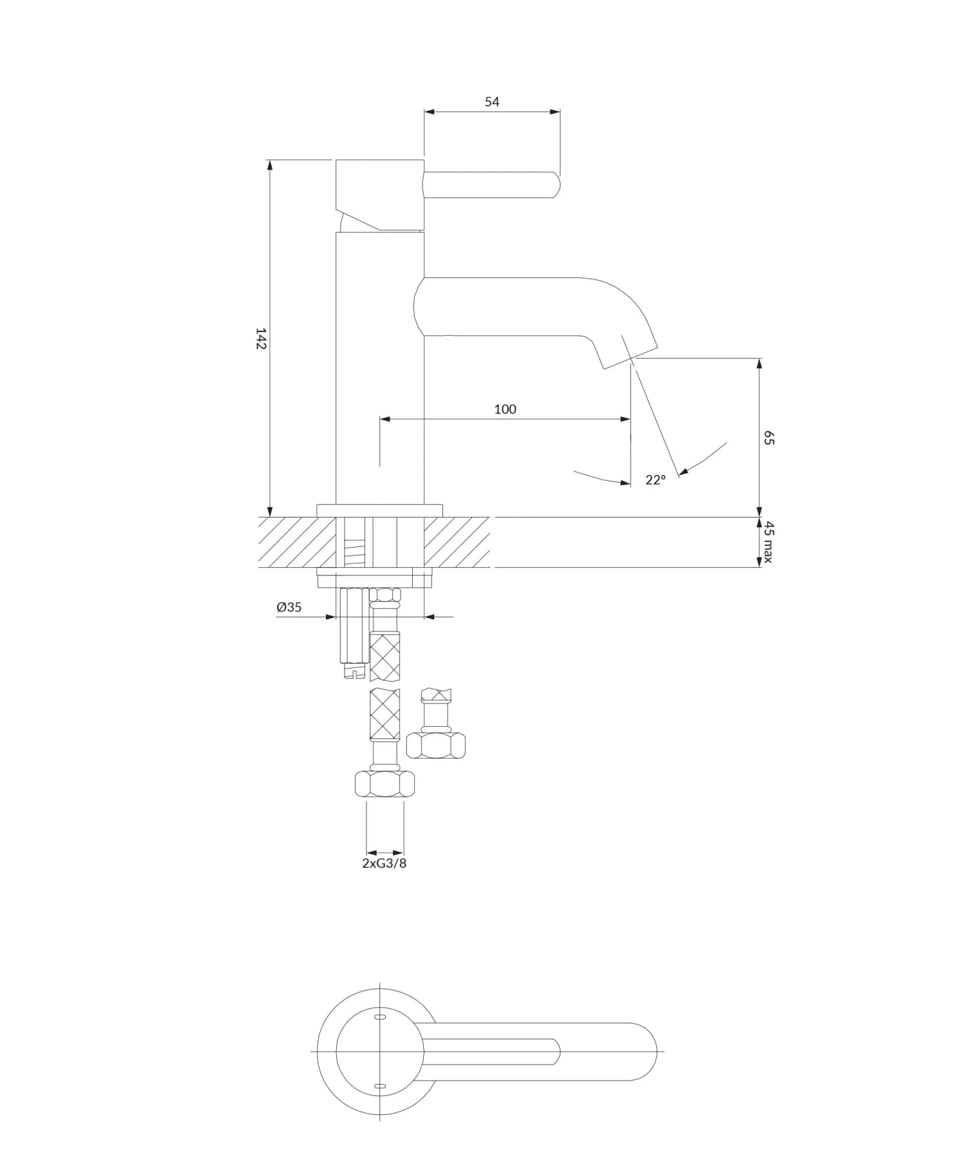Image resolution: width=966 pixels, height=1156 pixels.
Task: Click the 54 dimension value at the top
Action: (x=491, y=102)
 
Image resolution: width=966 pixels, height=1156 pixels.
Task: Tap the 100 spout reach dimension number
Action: (x=505, y=409)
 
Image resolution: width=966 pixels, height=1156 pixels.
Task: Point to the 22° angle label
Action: (x=655, y=480)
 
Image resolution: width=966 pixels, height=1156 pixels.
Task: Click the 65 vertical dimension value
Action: (x=768, y=438)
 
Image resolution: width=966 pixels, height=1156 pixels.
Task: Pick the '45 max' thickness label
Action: (x=768, y=542)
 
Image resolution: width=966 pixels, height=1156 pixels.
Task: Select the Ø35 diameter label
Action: (x=289, y=607)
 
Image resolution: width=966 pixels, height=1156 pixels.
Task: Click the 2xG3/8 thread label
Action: (x=384, y=864)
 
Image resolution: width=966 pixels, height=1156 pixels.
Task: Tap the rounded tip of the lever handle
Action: (x=557, y=185)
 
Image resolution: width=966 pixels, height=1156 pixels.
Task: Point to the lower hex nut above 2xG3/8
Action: (x=384, y=784)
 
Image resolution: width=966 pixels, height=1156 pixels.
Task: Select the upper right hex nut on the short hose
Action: (x=436, y=745)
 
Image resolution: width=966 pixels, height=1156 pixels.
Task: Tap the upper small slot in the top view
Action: (x=380, y=1017)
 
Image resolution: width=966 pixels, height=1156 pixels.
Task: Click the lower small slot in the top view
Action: (x=380, y=1086)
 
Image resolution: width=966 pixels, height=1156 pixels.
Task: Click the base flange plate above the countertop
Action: (x=380, y=510)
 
